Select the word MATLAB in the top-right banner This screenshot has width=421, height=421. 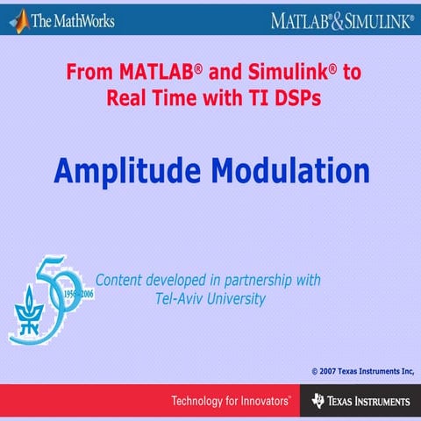(301, 19)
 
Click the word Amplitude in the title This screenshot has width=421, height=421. (120, 168)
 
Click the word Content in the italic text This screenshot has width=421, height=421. (120, 281)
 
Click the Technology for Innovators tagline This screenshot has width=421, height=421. (231, 402)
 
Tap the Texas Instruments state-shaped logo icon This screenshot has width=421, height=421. (318, 402)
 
